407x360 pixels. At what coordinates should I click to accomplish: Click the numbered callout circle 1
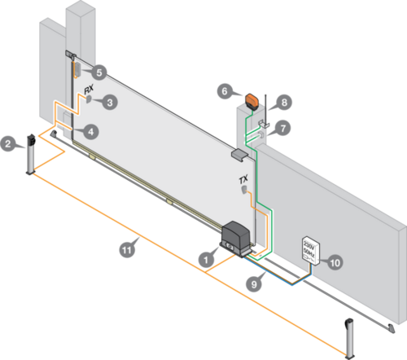(x=206, y=260)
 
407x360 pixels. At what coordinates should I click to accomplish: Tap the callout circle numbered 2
(x=8, y=143)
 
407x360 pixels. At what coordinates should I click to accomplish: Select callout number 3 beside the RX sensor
(x=110, y=103)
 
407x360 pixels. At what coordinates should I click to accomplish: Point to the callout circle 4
(x=91, y=132)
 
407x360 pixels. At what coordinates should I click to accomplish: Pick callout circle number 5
(x=99, y=72)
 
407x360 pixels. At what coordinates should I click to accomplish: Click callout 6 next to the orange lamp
(x=225, y=91)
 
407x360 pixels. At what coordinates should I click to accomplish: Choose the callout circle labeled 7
(x=283, y=128)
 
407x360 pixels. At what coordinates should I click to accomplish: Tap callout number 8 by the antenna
(x=284, y=103)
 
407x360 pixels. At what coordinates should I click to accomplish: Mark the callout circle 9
(x=254, y=284)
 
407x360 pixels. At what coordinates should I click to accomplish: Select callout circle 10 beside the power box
(x=335, y=262)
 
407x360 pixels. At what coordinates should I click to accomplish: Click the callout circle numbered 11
(x=127, y=249)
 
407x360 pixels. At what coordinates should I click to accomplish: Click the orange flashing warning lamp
(x=252, y=101)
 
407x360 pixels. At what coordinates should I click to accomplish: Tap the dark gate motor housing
(x=235, y=239)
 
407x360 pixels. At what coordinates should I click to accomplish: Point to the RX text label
(x=89, y=89)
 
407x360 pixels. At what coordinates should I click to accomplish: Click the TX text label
(x=243, y=179)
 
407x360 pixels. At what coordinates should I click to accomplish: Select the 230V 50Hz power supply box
(x=311, y=251)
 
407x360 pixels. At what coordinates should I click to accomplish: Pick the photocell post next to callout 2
(x=31, y=155)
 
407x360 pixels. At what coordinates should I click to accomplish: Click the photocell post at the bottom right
(x=349, y=339)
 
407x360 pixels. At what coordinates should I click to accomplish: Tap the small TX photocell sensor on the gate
(x=244, y=190)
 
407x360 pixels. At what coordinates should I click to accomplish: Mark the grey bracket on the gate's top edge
(x=239, y=155)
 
